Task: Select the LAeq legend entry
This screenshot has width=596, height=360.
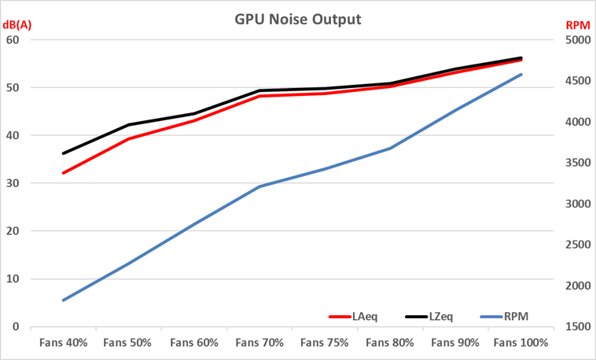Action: point(364,317)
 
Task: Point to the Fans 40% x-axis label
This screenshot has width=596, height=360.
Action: point(63,343)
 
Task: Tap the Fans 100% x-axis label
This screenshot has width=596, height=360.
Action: point(521,343)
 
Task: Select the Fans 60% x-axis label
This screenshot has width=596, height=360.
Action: point(194,343)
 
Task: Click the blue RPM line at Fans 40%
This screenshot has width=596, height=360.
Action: point(63,300)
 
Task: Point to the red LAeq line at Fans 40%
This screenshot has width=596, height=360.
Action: point(63,173)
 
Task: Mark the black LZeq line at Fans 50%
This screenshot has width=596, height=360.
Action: point(129,124)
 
